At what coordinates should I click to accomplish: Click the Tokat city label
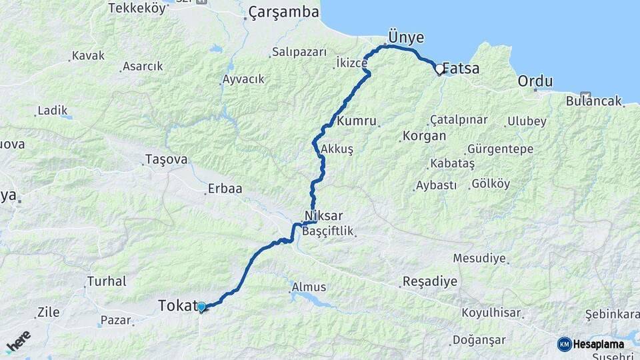177,305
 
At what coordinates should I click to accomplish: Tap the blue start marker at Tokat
201,307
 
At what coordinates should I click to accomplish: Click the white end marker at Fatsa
439,69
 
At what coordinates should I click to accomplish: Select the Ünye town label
406,37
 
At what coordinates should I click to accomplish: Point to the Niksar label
323,216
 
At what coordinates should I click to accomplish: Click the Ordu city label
535,82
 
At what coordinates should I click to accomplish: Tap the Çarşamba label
283,13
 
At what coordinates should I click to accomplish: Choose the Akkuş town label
337,149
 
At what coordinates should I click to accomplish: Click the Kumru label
357,121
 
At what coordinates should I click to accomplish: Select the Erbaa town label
225,189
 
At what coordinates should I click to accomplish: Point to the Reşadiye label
429,281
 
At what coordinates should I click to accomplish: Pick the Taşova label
166,160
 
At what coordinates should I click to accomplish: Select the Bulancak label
593,101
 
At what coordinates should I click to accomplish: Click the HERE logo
18,341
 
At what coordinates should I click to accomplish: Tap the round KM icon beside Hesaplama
564,344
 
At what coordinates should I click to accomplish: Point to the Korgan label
423,136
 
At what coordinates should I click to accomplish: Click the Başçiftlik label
328,232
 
